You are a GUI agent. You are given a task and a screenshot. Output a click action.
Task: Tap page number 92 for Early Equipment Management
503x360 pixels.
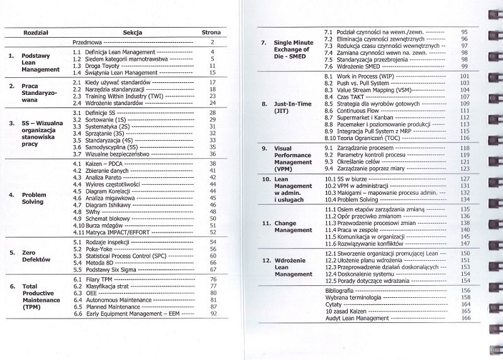[213, 313]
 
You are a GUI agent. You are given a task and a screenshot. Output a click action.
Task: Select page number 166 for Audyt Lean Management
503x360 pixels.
[465, 318]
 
